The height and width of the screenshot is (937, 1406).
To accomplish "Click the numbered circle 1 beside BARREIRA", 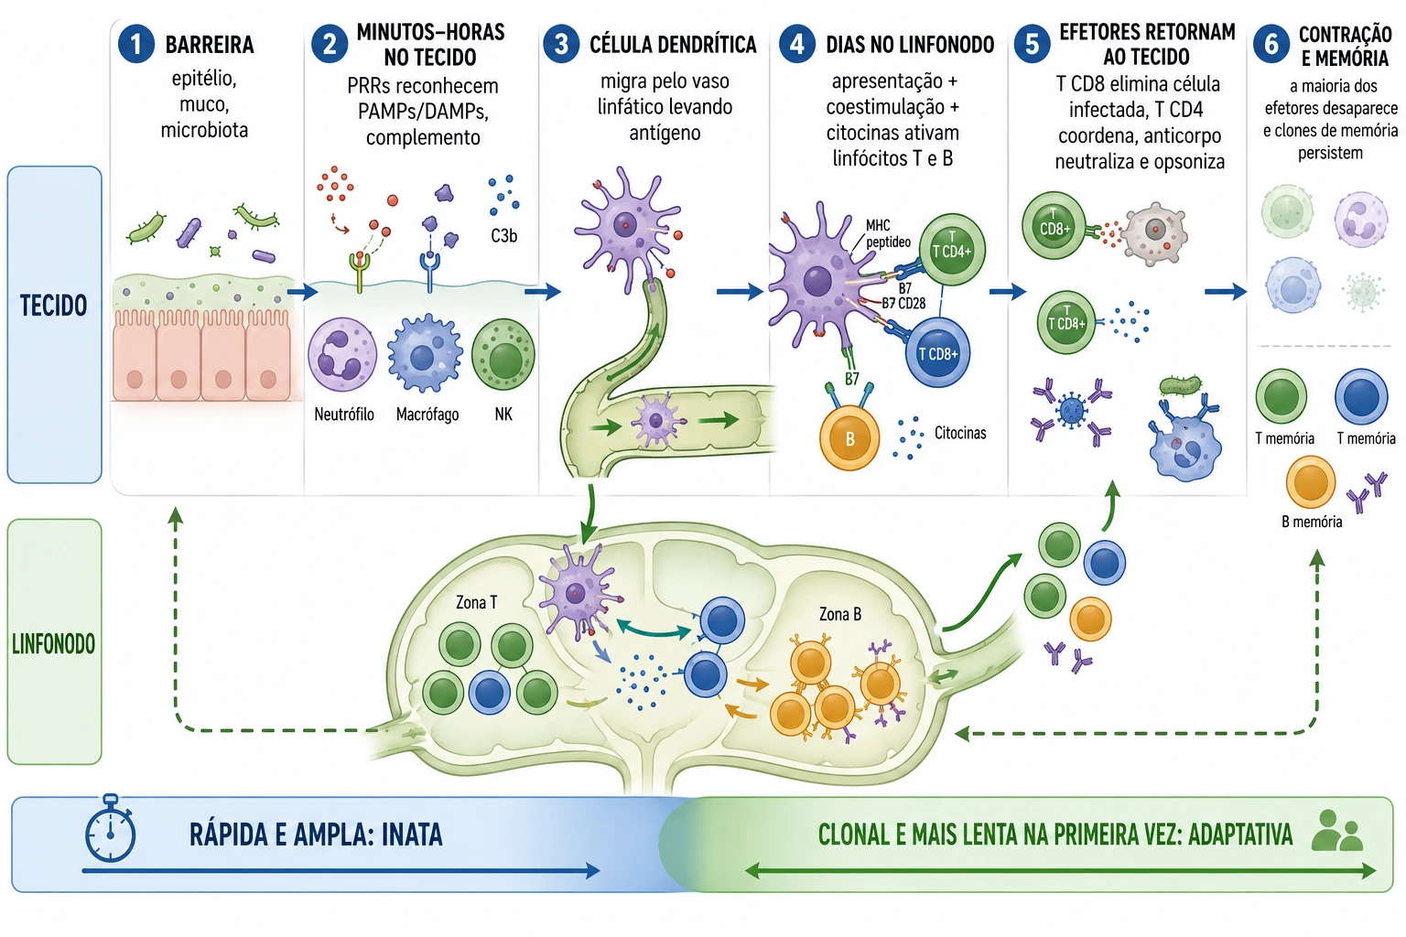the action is click(135, 44).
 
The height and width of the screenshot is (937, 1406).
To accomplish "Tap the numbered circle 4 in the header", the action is click(796, 44).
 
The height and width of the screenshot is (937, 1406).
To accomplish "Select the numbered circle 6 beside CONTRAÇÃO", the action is click(1271, 44).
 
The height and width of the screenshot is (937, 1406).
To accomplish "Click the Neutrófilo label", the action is click(344, 415).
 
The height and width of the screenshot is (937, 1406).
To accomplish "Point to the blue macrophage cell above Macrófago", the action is click(425, 354).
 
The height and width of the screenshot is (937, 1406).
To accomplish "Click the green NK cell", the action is click(503, 355).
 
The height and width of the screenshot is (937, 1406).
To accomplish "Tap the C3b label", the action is click(503, 236).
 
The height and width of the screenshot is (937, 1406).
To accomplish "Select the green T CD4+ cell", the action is click(952, 250).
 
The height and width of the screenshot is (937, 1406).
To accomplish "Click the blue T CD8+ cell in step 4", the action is click(937, 352).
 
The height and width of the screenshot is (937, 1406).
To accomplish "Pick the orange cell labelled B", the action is click(849, 438).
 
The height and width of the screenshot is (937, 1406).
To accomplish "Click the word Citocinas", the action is click(959, 433).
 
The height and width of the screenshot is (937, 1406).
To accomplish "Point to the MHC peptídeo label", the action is click(887, 233).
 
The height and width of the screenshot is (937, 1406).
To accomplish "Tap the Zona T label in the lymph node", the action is click(476, 602).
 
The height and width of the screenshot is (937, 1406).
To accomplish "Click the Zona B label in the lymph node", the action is click(839, 614).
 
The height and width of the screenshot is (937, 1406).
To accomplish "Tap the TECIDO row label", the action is click(53, 306).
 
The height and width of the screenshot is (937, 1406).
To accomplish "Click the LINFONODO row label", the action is click(53, 643).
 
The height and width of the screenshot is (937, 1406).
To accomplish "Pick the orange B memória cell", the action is click(1311, 482).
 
